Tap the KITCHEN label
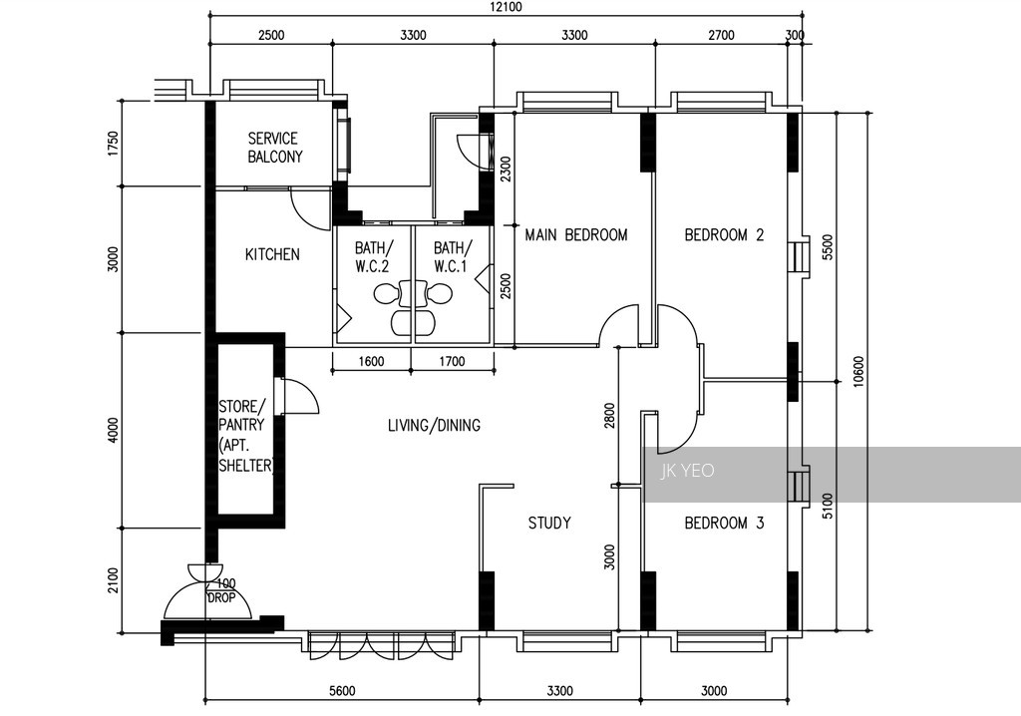pos(272,254)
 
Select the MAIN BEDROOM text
pos(576,234)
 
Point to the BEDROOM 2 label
pos(724,234)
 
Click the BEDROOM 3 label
pos(724,523)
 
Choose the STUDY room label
pos(549,523)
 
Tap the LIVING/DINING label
pos(435,426)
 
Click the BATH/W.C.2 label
pos(374,256)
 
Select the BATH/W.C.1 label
pos(452,256)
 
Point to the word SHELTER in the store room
pos(245,465)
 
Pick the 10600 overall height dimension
pos(858,371)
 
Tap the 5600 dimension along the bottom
pos(342,691)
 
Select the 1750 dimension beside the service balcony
pos(114,144)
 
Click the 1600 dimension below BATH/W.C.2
pos(371,361)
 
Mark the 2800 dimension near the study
pos(609,416)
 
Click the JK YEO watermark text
pos(688,471)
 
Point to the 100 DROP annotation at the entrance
pos(222,590)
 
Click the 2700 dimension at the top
pos(721,35)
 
